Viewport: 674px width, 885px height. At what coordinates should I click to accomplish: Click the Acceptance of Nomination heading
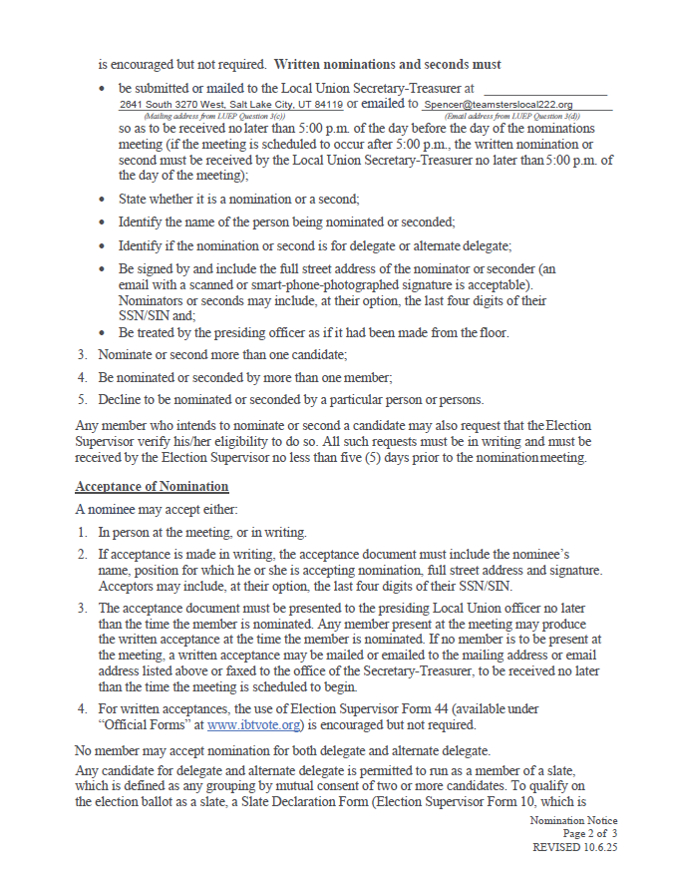pos(152,487)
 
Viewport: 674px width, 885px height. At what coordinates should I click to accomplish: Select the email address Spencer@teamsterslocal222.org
pos(498,105)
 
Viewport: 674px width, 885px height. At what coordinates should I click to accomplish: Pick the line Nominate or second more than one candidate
pos(221,354)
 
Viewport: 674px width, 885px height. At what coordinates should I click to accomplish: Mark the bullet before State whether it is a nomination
pos(104,200)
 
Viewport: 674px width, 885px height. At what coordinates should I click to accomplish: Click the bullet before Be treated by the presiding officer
pos(104,333)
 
